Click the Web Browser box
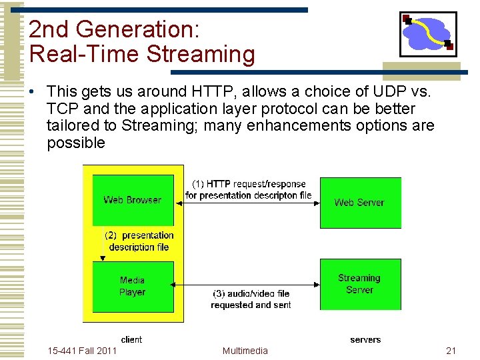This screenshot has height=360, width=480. [133, 200]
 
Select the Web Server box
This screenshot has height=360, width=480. [360, 203]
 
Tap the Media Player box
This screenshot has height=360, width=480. [133, 287]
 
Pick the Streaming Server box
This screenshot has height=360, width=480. [360, 284]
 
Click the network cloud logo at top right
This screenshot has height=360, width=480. [427, 33]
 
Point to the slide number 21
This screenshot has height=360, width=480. [451, 351]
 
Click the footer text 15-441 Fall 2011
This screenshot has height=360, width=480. [83, 351]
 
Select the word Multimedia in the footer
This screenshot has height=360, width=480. [245, 351]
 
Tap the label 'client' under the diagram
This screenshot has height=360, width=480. [131, 339]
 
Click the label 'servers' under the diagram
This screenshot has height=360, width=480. [365, 339]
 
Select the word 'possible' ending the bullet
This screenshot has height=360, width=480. [76, 143]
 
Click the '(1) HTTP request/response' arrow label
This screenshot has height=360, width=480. [249, 184]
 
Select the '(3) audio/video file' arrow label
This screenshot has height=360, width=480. [251, 293]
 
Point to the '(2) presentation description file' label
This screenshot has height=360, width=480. [139, 241]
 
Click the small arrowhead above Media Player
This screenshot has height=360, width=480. [103, 258]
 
